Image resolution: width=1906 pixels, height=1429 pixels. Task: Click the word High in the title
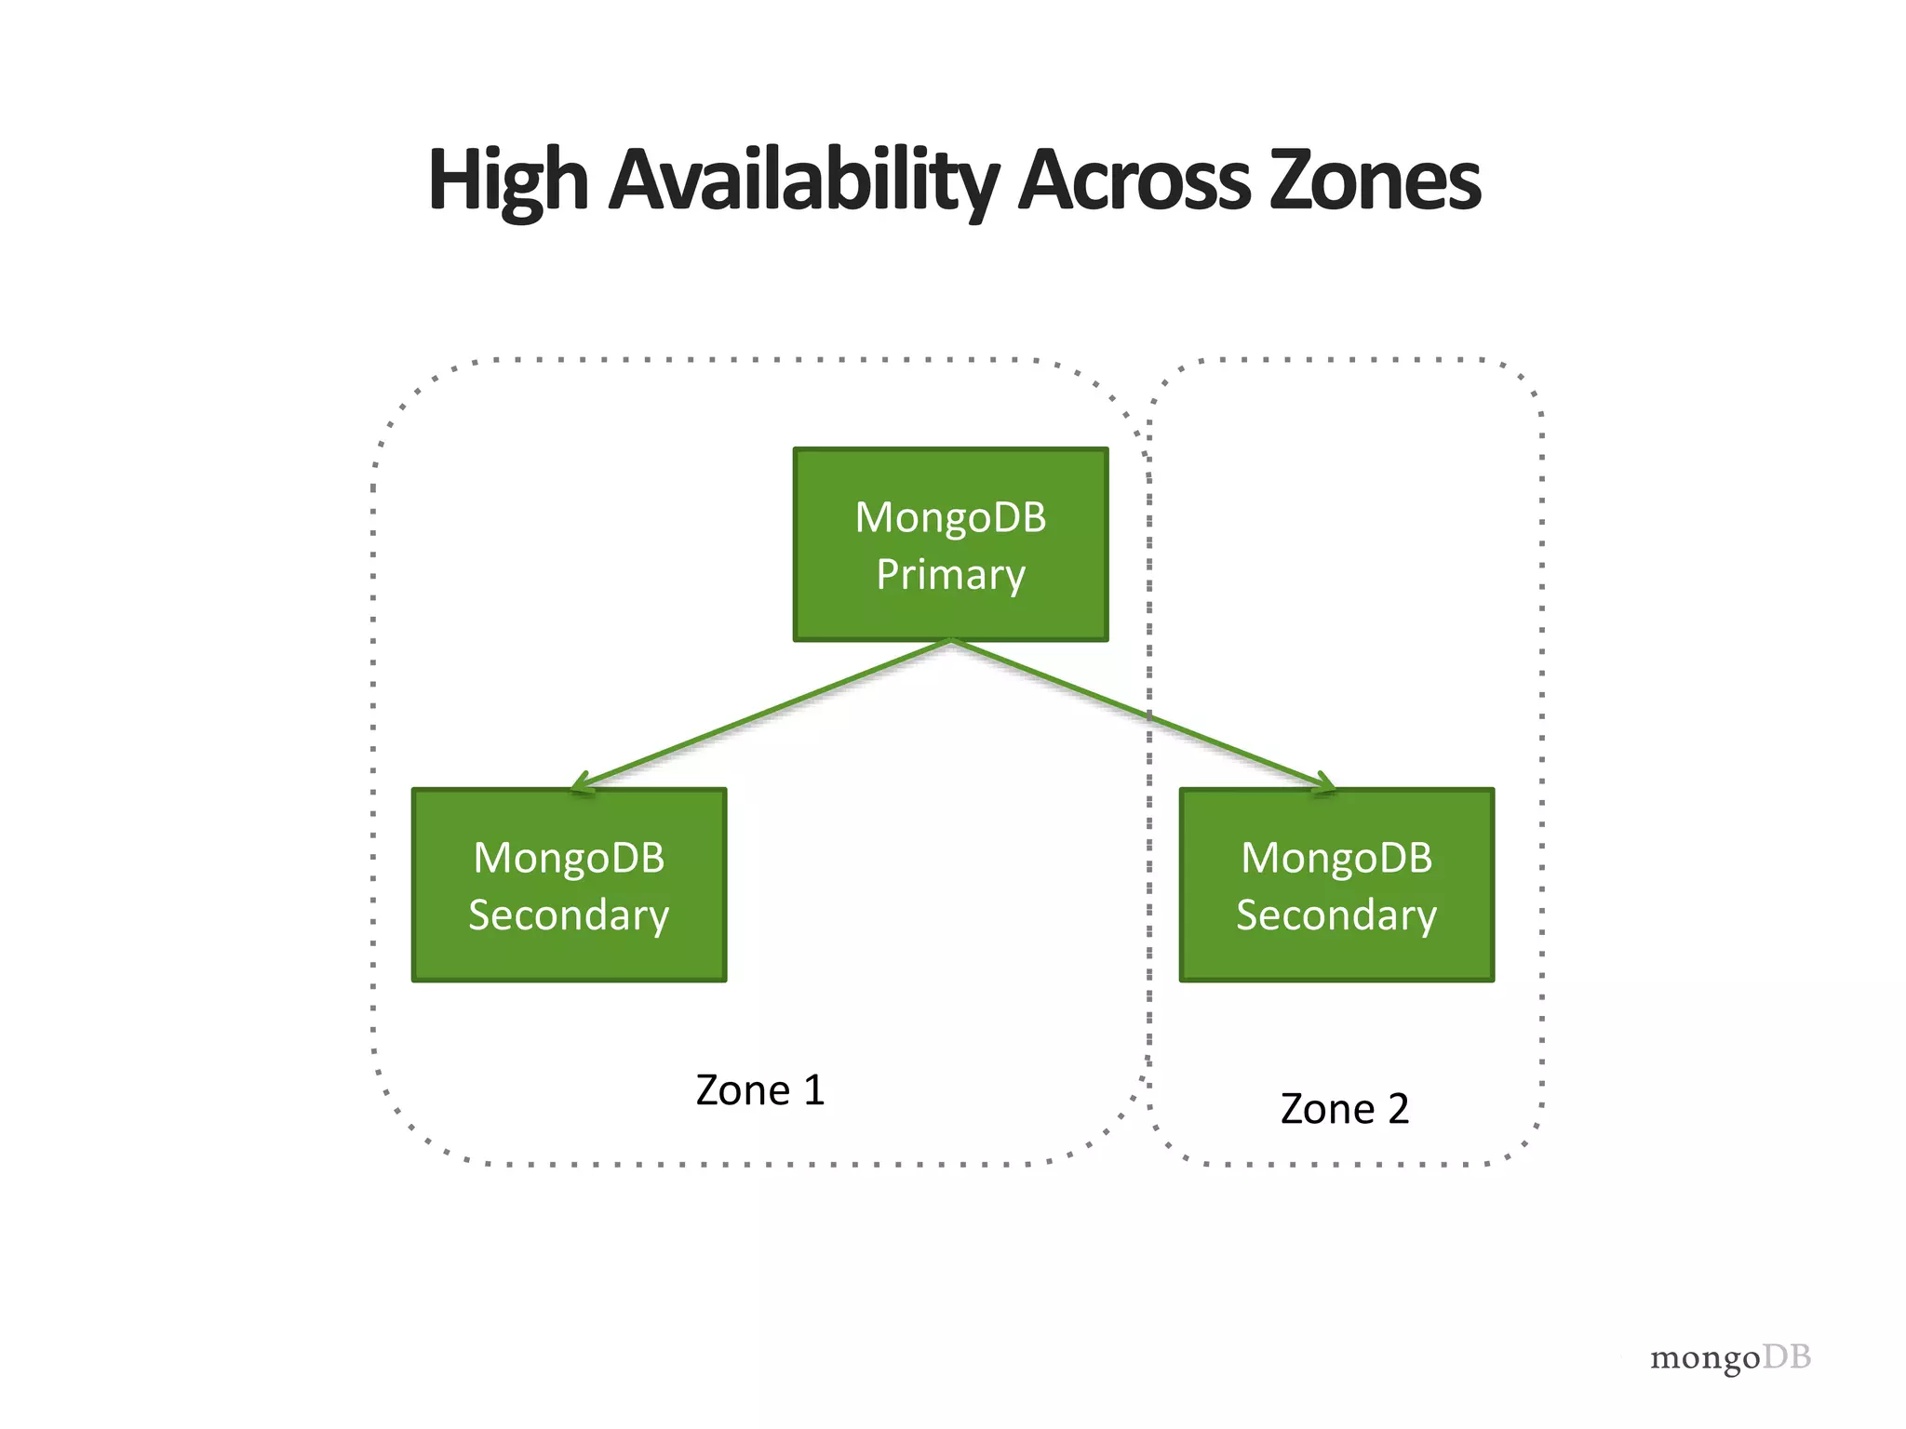[x=507, y=181]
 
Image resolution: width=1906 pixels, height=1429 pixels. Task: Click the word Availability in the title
[x=803, y=181]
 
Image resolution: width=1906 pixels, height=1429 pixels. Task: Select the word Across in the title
[x=1134, y=181]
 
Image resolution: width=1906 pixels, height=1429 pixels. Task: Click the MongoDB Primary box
[x=950, y=545]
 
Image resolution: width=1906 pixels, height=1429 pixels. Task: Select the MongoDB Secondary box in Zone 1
[x=569, y=885]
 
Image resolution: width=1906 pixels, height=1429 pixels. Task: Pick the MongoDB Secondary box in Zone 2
[x=1336, y=885]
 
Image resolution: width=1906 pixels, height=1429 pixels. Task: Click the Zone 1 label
[x=760, y=1090]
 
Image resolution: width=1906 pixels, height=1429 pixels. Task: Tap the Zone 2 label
[x=1344, y=1109]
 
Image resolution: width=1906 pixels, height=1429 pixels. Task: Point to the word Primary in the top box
[x=950, y=574]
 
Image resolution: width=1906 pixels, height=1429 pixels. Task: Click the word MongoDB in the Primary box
[x=950, y=517]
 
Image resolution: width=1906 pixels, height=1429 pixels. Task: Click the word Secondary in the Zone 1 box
[x=569, y=915]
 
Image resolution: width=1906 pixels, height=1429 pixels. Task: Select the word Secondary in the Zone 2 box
[x=1336, y=915]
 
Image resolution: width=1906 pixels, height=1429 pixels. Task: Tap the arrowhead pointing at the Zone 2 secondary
[x=1325, y=785]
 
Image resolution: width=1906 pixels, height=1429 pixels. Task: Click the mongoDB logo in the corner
[x=1730, y=1357]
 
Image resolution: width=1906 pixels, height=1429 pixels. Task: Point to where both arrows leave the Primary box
[x=950, y=641]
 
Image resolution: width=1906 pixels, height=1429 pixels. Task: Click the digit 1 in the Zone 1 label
[x=814, y=1090]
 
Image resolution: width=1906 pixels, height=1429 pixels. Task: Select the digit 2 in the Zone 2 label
[x=1398, y=1109]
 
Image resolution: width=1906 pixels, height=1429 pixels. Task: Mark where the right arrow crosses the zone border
[x=1149, y=716]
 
